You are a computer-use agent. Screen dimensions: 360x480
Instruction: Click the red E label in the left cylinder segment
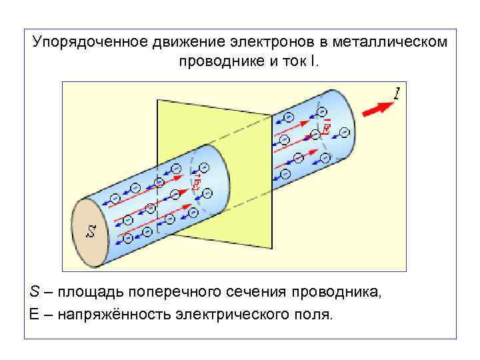(196, 185)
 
